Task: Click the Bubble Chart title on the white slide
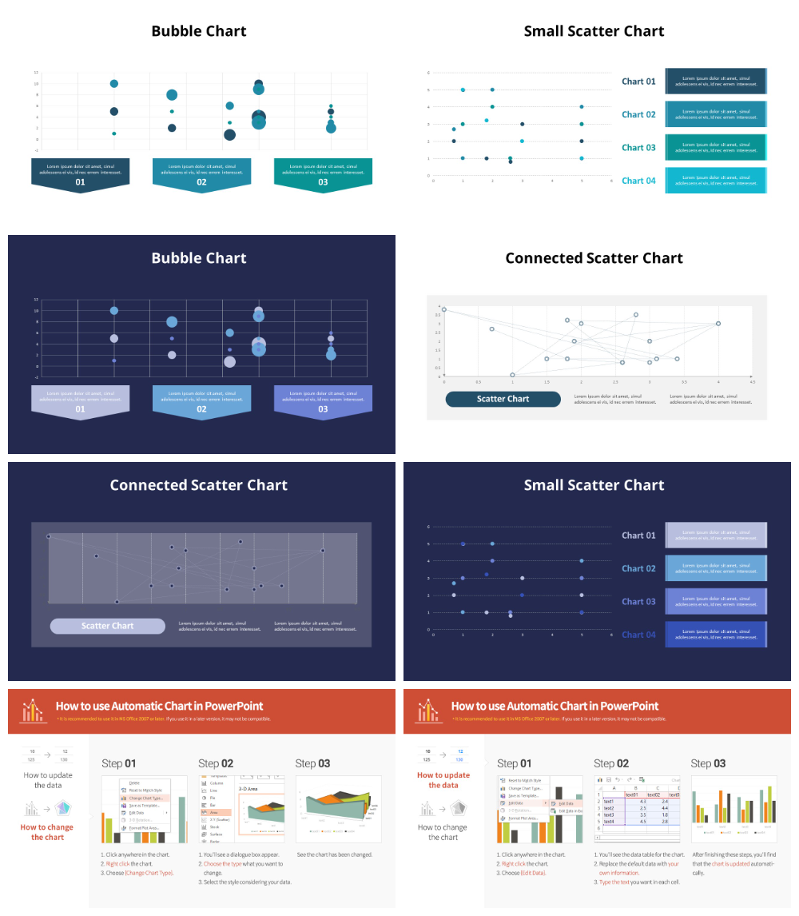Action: click(199, 31)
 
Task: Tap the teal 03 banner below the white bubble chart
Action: click(323, 174)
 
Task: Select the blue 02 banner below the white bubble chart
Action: click(201, 174)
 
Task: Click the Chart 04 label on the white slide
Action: click(638, 181)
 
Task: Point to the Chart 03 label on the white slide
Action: click(638, 148)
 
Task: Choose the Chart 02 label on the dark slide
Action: click(638, 568)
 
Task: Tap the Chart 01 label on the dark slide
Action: click(638, 536)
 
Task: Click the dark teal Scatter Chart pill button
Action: click(503, 399)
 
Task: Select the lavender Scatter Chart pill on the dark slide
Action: click(107, 626)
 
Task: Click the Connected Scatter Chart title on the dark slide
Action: click(199, 485)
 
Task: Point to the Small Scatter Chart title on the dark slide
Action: click(594, 485)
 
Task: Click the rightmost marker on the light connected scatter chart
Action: click(718, 324)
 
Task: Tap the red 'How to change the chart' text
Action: click(46, 832)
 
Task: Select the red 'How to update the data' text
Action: click(443, 780)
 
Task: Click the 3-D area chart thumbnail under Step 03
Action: click(338, 809)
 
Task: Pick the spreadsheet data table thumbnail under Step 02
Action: click(637, 809)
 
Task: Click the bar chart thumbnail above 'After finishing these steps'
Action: click(733, 809)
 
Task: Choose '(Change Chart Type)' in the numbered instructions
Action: click(149, 873)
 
